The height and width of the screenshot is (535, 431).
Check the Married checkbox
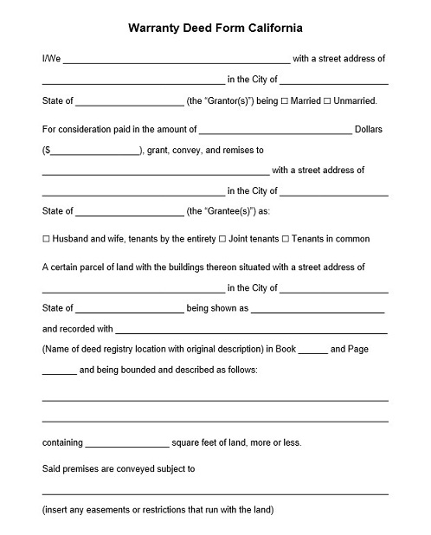point(285,100)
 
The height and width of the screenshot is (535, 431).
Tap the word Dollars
point(369,129)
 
